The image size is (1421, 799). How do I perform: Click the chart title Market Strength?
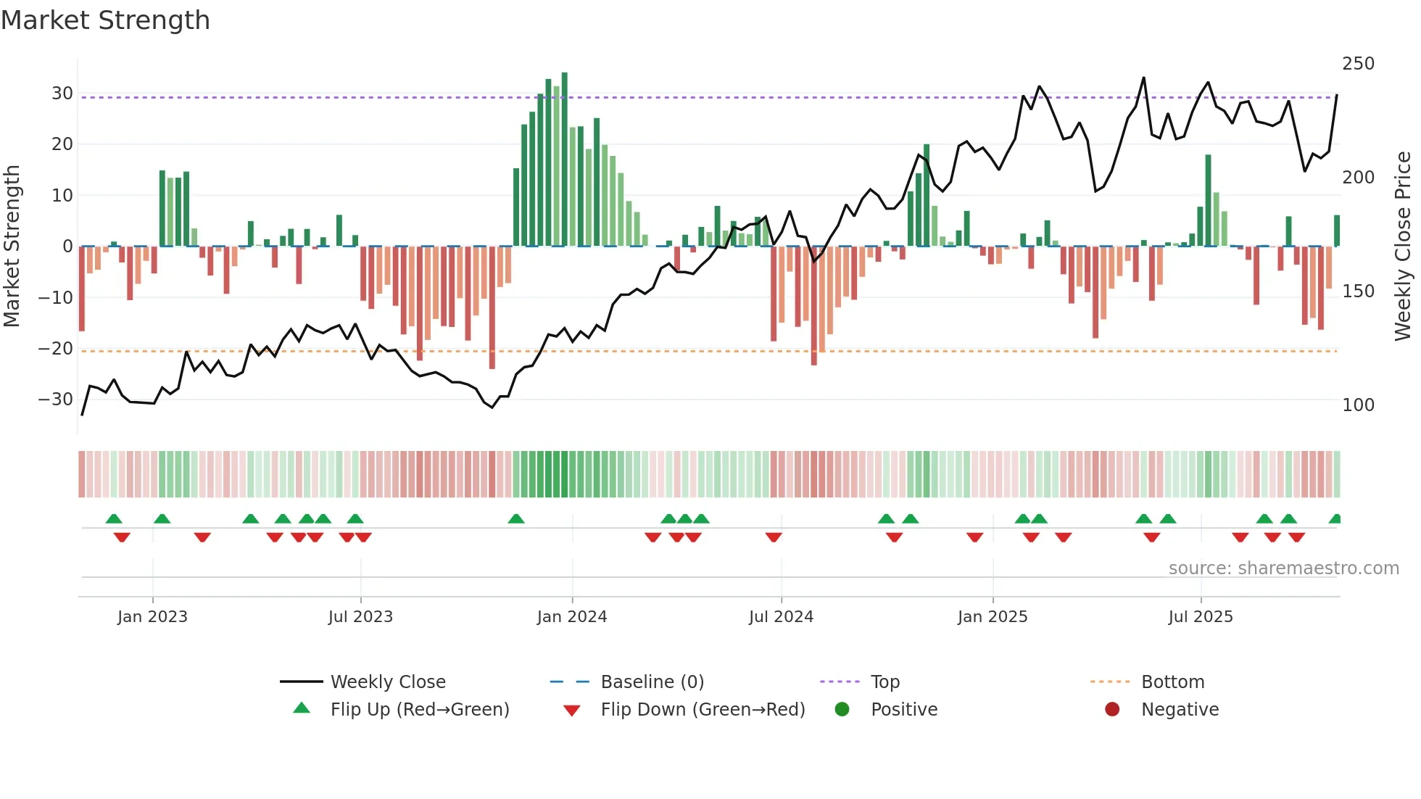(105, 20)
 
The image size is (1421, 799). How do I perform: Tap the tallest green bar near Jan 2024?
(565, 160)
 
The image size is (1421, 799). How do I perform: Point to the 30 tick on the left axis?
(62, 94)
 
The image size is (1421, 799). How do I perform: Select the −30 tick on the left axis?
(56, 399)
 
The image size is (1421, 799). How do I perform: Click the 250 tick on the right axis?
(1358, 64)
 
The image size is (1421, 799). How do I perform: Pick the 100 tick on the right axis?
(1358, 405)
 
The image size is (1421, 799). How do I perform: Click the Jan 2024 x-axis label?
(571, 617)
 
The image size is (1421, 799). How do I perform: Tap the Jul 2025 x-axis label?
(1200, 617)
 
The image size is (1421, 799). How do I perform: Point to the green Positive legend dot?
(842, 709)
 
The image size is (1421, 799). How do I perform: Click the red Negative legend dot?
(1112, 709)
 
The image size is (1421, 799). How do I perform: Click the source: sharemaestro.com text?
(1283, 568)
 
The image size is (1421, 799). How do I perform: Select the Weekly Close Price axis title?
(1403, 247)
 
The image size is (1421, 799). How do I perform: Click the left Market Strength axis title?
(12, 247)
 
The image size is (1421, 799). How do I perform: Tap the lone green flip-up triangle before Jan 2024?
(516, 519)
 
